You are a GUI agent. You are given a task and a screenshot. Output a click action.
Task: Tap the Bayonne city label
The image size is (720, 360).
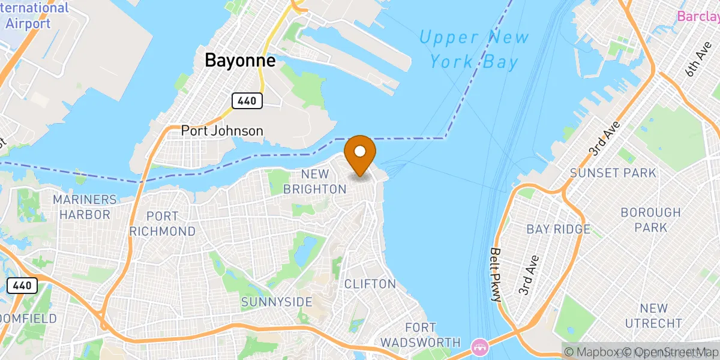(x=240, y=61)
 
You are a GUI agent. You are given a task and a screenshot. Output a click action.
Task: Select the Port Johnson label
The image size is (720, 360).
(x=222, y=131)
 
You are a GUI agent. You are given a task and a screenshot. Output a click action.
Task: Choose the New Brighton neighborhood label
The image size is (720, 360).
(x=316, y=181)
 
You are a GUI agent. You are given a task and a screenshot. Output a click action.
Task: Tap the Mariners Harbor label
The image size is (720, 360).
(x=85, y=206)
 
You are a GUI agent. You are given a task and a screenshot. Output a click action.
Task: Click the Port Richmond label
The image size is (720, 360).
(x=162, y=223)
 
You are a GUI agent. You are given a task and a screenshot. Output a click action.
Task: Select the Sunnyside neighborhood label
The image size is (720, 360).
(x=277, y=302)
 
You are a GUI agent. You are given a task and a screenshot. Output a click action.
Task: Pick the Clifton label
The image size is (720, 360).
(x=370, y=284)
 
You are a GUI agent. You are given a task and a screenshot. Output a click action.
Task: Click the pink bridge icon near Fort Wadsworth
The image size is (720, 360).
(x=479, y=346)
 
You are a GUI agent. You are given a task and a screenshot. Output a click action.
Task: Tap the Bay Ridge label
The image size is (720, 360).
(x=558, y=229)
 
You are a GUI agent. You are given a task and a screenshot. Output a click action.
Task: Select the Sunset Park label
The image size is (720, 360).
(x=613, y=173)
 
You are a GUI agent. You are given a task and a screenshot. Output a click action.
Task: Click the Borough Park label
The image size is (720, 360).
(x=650, y=220)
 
